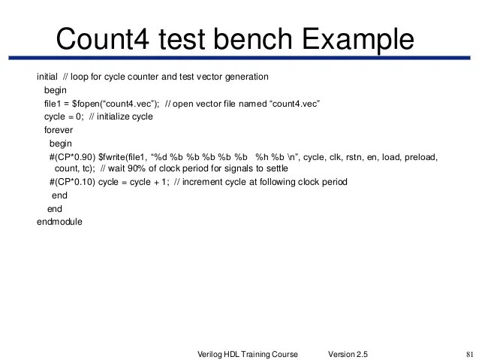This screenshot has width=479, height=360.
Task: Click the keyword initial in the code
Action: pos(47,77)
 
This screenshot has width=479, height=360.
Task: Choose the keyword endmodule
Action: pos(59,222)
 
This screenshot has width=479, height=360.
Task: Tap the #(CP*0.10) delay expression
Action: pos(73,182)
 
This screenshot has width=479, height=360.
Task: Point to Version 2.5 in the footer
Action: pos(348,354)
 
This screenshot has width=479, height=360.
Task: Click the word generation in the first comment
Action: pos(245,77)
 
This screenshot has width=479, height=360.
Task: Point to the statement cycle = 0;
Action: pos(63,116)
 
